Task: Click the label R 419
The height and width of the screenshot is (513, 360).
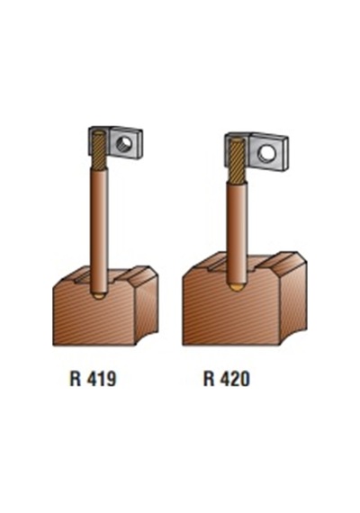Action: pyautogui.click(x=93, y=379)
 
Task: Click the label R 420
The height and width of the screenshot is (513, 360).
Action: pyautogui.click(x=227, y=379)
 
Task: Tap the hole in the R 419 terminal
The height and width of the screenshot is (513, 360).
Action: pyautogui.click(x=125, y=143)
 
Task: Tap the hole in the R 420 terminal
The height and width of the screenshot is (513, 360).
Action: pyautogui.click(x=265, y=153)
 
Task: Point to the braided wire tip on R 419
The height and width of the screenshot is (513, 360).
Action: pyautogui.click(x=98, y=149)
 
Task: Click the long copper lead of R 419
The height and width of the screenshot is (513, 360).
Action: pyautogui.click(x=98, y=229)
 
